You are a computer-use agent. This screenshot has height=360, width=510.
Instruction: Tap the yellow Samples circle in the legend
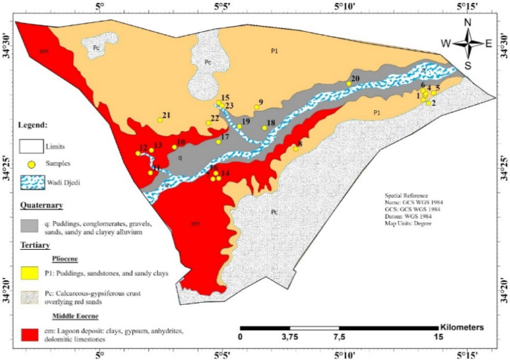coord(32,163)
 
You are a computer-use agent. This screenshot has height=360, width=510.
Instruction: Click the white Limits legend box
coord(32,147)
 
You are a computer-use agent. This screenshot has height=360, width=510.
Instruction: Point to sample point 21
coord(160,120)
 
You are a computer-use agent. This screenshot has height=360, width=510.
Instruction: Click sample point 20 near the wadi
coord(348,83)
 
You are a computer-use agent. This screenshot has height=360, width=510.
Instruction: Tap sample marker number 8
coord(296,149)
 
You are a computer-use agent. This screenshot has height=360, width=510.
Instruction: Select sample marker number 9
coord(256,107)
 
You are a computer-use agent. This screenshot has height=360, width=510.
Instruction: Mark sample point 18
coord(264,128)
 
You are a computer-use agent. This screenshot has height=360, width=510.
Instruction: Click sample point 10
coord(174,147)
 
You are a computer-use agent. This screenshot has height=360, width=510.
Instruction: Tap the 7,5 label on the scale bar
coord(339,336)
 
